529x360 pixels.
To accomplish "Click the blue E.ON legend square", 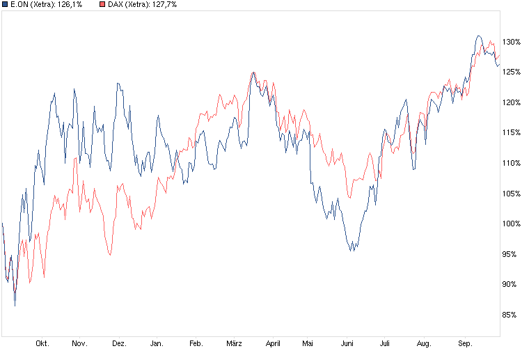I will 6,5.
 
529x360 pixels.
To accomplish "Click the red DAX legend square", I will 103,5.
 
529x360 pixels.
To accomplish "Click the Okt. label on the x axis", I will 42,343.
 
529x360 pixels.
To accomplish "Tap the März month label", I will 234,343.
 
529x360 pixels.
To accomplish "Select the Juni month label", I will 347,343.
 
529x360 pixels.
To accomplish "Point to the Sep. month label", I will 464,343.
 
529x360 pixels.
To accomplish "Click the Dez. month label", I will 119,343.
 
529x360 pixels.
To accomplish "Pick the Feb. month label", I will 196,343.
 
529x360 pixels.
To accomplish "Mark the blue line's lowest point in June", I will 352,250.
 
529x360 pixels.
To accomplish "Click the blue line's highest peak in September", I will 478,36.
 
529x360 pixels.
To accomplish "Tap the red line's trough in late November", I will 110,256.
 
